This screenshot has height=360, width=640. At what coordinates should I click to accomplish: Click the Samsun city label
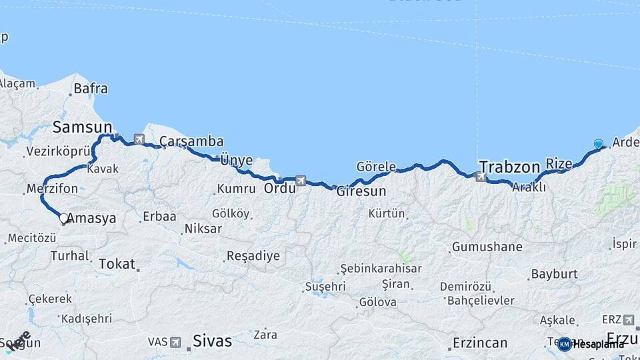(82, 127)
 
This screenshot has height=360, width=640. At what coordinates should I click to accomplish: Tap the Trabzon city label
(509, 166)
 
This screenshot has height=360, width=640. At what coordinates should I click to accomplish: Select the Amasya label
(92, 218)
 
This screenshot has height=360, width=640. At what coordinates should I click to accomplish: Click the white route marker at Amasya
(64, 218)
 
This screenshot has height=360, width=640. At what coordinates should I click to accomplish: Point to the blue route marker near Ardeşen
(598, 144)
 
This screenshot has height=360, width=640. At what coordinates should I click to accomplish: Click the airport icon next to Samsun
(139, 139)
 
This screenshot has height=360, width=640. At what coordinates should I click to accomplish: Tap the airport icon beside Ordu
(301, 180)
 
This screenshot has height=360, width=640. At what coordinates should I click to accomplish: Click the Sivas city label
(212, 341)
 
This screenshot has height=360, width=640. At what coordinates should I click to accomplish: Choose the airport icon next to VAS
(175, 342)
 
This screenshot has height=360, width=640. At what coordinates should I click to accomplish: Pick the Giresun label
(361, 191)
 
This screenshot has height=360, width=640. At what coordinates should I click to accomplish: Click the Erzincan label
(479, 343)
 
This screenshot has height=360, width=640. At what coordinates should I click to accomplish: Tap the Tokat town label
(117, 263)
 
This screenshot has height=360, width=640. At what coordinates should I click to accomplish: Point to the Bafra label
(91, 88)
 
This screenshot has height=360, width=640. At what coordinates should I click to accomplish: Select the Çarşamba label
(191, 141)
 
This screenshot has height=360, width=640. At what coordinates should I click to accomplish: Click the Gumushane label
(487, 247)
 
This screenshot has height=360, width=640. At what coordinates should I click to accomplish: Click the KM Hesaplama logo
(591, 344)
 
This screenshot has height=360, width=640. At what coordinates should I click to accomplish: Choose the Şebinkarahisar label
(380, 269)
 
